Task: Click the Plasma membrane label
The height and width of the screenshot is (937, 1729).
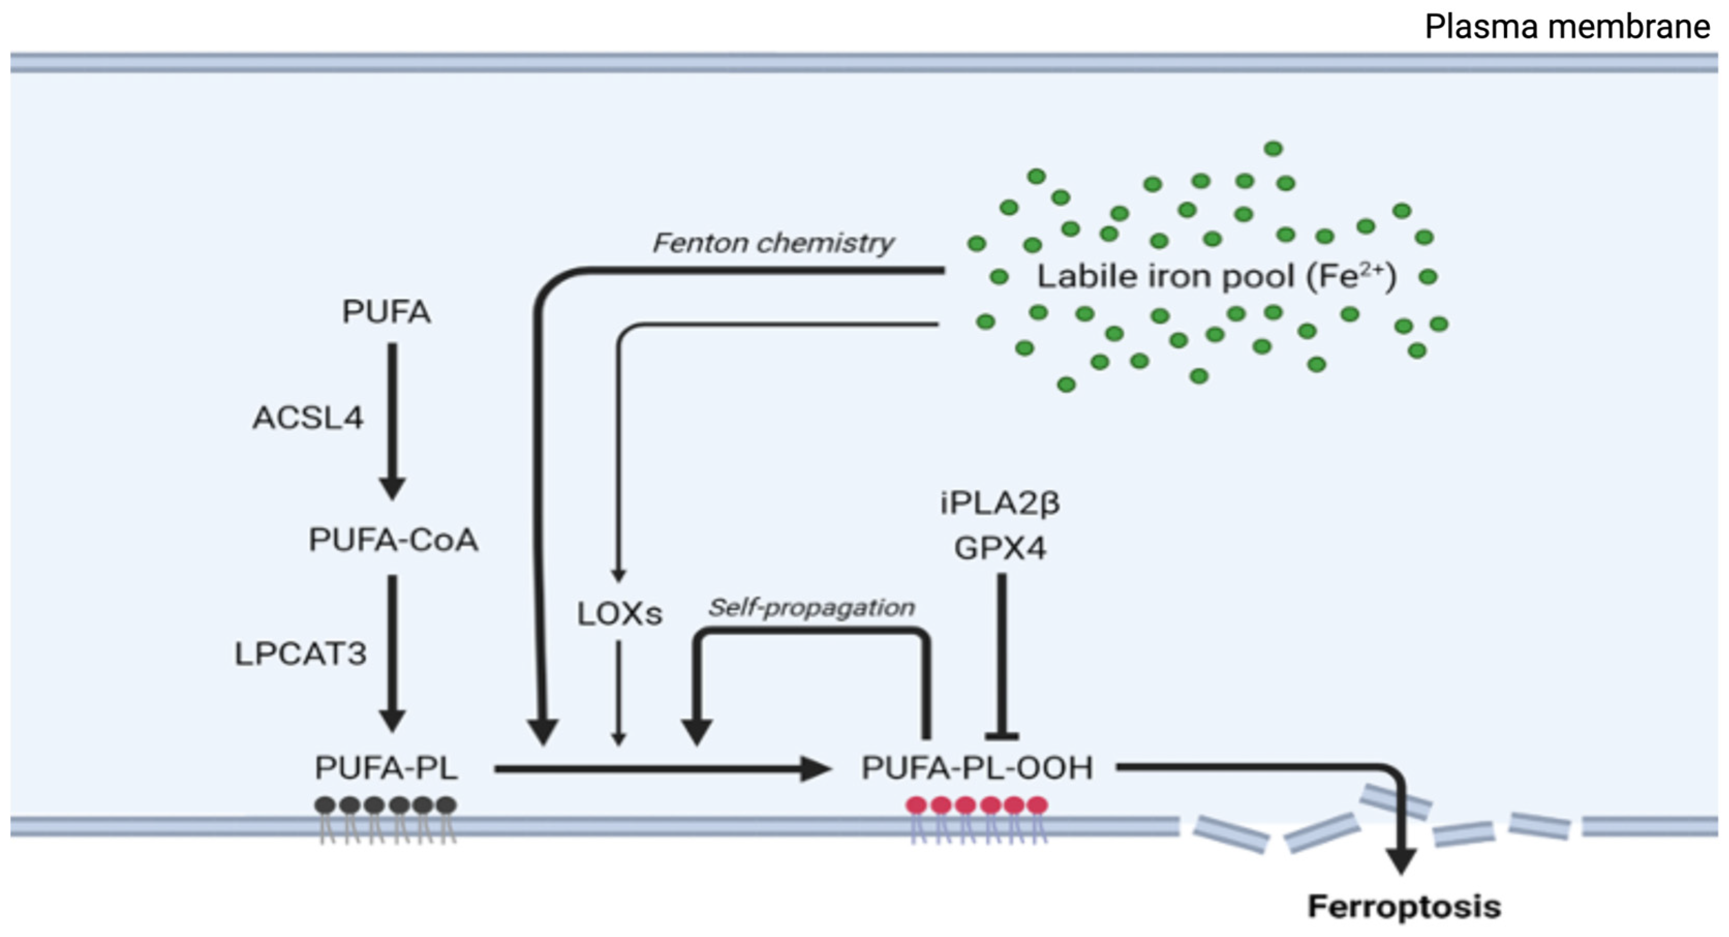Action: [x=1567, y=27]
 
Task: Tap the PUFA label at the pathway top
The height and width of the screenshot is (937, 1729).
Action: [x=386, y=312]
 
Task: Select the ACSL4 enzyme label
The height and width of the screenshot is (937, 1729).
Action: [x=308, y=418]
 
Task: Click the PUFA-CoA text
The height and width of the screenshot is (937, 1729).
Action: [x=393, y=540]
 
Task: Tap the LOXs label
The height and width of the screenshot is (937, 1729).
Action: [x=619, y=613]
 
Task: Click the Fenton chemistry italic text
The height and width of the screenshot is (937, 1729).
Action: [x=773, y=243]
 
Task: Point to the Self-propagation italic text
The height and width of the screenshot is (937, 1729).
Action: [x=811, y=607]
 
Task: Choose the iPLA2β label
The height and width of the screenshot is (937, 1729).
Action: [x=999, y=503]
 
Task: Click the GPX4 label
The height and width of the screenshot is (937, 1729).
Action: [x=1000, y=549]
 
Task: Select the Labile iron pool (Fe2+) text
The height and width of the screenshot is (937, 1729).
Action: [x=1216, y=277]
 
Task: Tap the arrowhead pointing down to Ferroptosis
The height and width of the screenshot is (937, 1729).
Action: [x=1401, y=861]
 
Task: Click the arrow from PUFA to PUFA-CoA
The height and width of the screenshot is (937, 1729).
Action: [x=392, y=416]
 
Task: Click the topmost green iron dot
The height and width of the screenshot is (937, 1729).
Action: [x=1273, y=148]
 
